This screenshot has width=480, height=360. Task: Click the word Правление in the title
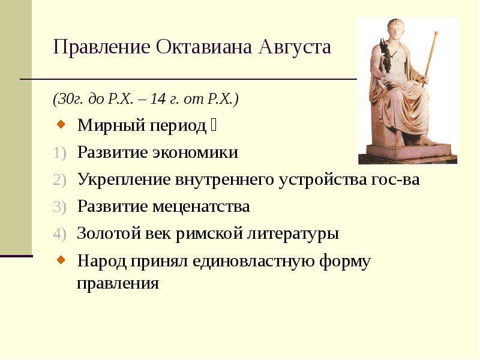coord(101,47)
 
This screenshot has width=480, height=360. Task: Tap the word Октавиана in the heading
coord(204,47)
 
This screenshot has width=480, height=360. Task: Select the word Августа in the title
coord(295,47)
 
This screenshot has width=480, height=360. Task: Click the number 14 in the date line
coord(158,98)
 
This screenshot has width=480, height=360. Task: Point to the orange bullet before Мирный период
coord(61,124)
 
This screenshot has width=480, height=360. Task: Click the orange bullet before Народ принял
coord(61,260)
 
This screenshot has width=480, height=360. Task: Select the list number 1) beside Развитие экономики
coord(59,153)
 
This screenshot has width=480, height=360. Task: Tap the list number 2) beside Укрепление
coord(59,179)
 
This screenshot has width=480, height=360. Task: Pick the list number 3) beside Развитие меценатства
coord(59,206)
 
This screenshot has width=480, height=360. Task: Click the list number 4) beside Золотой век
coord(59,234)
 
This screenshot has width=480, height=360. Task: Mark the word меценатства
coord(201,206)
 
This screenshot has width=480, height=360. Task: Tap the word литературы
coord(293,234)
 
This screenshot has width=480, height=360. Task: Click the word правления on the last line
coord(118,283)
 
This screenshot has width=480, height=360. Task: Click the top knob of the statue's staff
coord(436,33)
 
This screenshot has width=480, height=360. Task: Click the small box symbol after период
coord(214,125)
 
